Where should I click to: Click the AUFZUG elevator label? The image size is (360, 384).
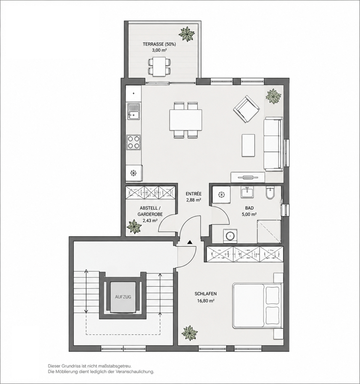[x=123, y=297]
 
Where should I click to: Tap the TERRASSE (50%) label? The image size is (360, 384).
[x=159, y=44]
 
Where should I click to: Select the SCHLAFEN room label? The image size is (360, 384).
[x=206, y=294]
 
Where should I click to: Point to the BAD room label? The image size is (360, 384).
[x=249, y=208]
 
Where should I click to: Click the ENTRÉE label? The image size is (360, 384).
[x=193, y=194]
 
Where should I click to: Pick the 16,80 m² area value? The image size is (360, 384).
[x=206, y=300]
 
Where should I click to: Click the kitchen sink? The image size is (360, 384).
[x=133, y=111]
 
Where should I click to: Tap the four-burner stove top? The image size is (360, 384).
[x=133, y=142]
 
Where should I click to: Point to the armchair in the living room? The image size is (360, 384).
[x=246, y=109]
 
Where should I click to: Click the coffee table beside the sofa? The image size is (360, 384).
[x=248, y=145]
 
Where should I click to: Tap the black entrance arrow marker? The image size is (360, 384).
[x=190, y=242]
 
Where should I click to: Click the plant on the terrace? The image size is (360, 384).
[x=187, y=34]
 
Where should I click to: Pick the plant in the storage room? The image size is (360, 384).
[x=134, y=226]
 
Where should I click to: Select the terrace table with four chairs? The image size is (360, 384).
[x=159, y=66]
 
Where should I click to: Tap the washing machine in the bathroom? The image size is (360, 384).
[x=230, y=236]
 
